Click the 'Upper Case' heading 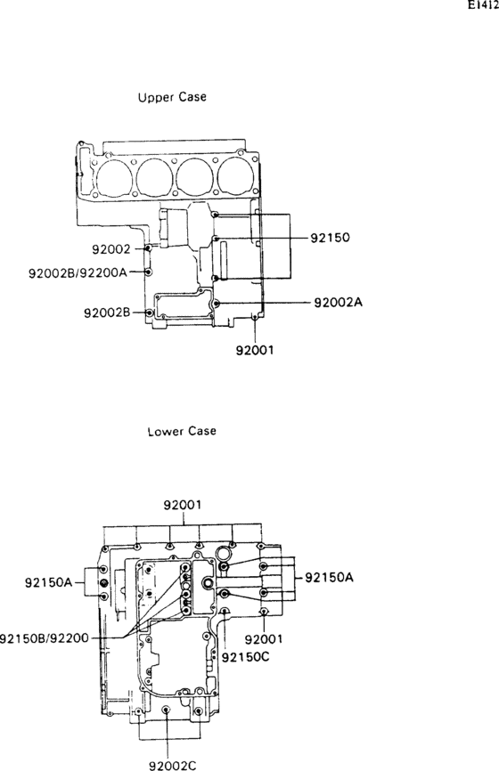(172, 96)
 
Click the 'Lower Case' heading (182, 431)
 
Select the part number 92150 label (330, 239)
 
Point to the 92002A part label (339, 303)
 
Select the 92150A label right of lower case (329, 577)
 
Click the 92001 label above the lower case (183, 505)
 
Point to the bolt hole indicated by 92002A (217, 304)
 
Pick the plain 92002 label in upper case (111, 249)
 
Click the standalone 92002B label (108, 312)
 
